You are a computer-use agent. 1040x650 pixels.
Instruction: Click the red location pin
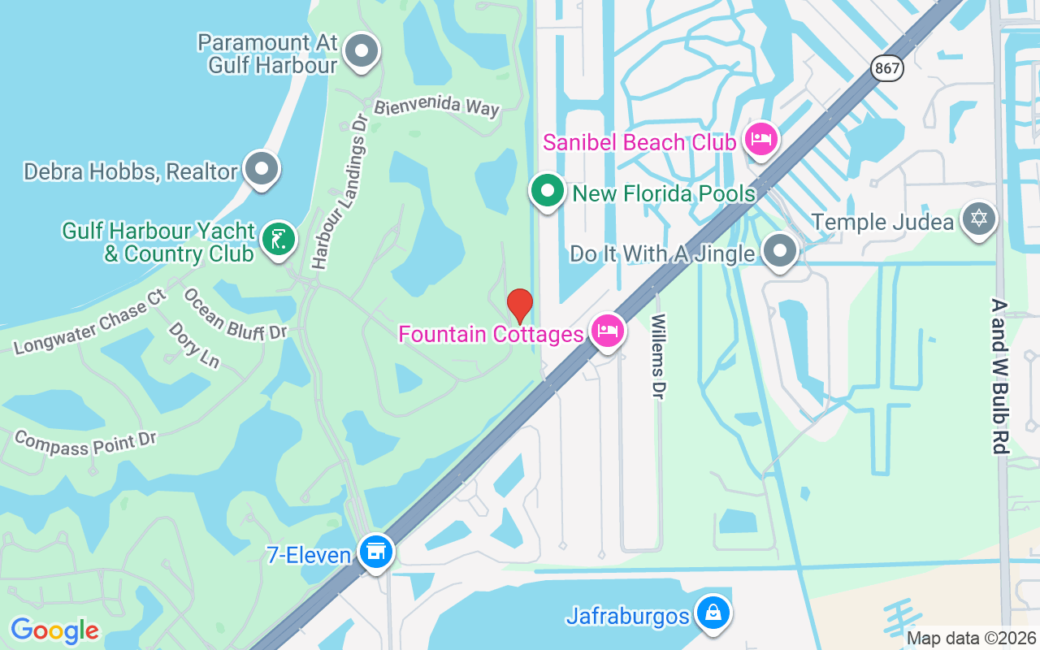tap(520, 305)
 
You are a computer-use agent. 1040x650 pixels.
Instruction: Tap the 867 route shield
tap(888, 68)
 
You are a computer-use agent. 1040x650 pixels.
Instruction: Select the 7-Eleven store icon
tap(375, 552)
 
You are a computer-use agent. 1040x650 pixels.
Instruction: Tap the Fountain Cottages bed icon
tap(608, 331)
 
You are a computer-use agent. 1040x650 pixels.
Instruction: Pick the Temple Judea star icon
tap(978, 219)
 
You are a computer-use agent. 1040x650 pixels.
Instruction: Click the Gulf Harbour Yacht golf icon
tap(279, 240)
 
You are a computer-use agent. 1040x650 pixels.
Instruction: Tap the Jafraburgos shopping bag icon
tap(713, 613)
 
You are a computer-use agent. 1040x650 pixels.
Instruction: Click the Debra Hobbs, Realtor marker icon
tap(262, 169)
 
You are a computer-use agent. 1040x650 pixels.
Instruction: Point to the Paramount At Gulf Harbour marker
tap(362, 52)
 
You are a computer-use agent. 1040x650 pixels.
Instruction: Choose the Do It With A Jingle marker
tap(781, 251)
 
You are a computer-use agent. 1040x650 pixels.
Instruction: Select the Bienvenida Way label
tap(437, 106)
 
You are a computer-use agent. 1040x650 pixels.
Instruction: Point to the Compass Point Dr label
tap(85, 443)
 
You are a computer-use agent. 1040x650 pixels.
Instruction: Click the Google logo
tap(54, 630)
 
